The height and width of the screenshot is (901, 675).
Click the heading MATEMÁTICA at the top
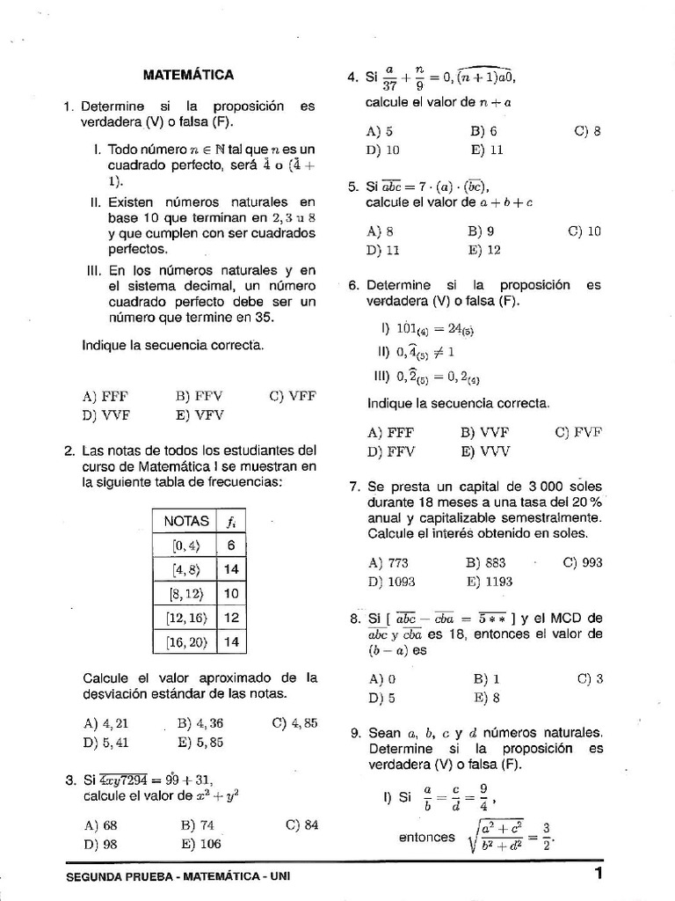189,75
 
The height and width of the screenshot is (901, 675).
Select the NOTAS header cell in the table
186,521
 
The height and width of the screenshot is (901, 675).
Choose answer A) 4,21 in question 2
106,723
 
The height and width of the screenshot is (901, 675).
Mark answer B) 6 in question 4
483,131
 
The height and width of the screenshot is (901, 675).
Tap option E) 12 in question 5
484,250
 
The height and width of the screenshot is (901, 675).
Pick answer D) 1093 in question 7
391,582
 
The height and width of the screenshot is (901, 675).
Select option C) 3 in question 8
590,678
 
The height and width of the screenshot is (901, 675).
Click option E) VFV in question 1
200,414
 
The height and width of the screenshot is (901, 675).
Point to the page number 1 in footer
598,873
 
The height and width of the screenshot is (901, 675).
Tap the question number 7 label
353,487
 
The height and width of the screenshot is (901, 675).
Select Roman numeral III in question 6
383,376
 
